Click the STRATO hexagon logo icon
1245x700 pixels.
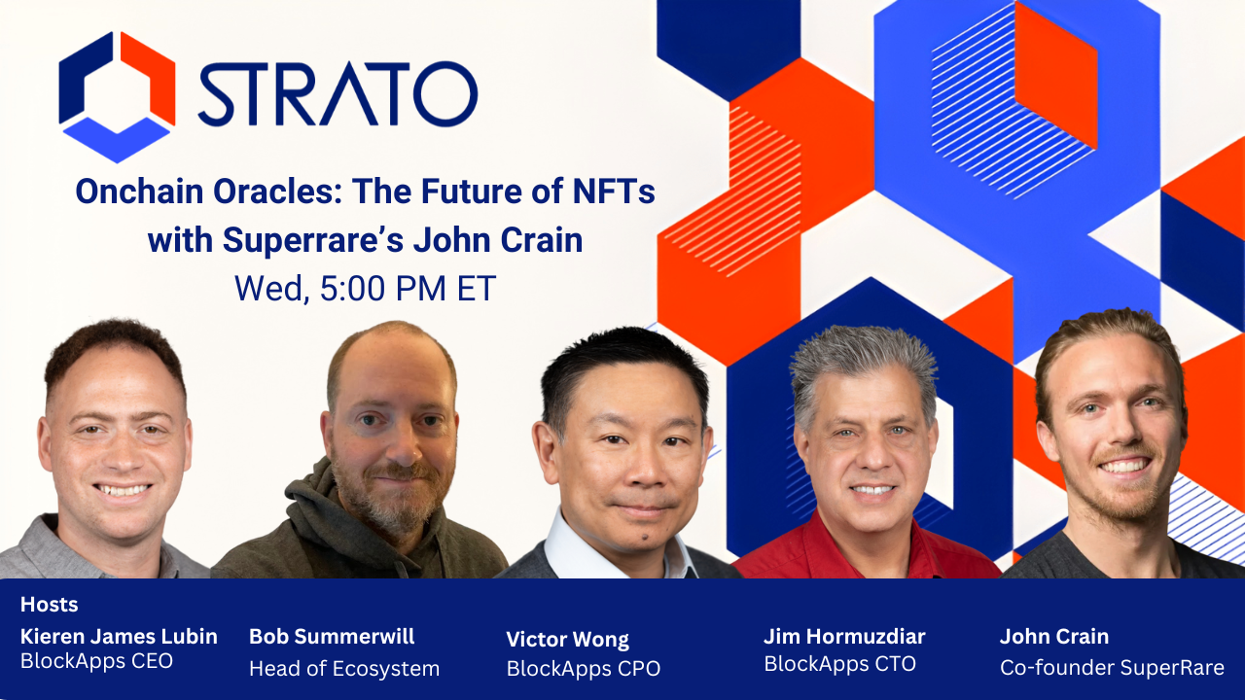[x=117, y=96]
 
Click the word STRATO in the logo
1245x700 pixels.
[x=338, y=94]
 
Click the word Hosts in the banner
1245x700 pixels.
[x=49, y=604]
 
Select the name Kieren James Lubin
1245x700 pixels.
[x=119, y=636]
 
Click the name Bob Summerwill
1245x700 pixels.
[x=332, y=636]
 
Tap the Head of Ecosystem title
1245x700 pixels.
[x=344, y=668]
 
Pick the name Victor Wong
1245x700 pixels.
[x=567, y=639]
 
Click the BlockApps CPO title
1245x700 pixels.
[x=583, y=668]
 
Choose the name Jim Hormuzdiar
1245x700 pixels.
[x=844, y=636]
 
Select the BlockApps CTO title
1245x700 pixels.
[x=839, y=664]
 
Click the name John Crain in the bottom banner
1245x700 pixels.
[x=1053, y=636]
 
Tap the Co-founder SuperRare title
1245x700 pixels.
[x=1112, y=668]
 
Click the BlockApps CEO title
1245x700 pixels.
[x=96, y=661]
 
